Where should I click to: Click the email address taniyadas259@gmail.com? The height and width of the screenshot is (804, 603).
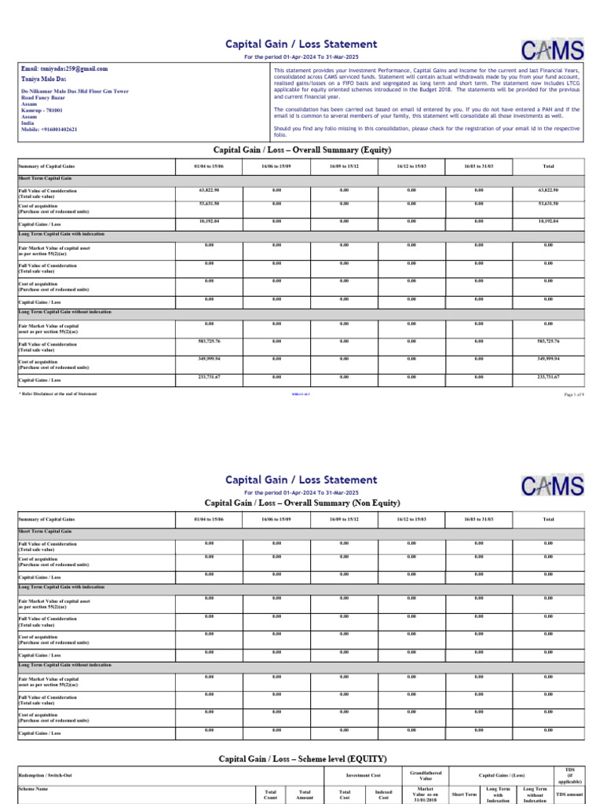pos(64,69)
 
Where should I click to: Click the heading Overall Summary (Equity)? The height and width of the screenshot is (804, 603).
pos(301,150)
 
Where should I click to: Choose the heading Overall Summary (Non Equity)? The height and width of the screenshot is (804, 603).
pos(301,502)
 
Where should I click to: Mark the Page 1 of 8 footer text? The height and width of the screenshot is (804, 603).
pos(574,393)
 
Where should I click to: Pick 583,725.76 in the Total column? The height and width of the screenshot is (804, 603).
pos(548,341)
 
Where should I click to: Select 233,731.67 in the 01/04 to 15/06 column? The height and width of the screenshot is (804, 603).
pos(209,377)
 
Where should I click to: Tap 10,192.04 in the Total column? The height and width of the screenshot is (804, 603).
pos(548,221)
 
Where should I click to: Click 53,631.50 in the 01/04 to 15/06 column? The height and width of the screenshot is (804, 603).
pos(209,205)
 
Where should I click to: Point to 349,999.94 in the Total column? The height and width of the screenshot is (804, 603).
pos(548,358)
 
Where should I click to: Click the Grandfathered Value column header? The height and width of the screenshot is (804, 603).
pos(426,776)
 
